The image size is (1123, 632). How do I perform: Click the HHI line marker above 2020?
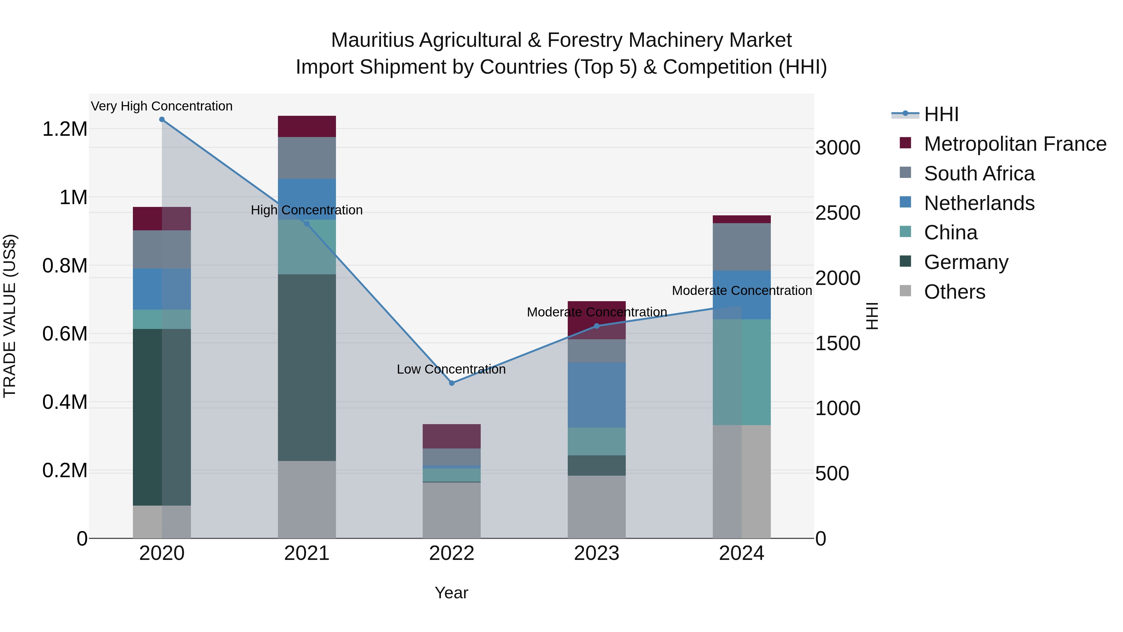click(x=162, y=120)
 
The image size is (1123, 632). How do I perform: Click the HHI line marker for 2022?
click(x=452, y=383)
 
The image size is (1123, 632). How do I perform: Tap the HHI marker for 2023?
click(x=597, y=326)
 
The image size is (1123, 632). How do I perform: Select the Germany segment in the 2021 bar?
click(x=307, y=367)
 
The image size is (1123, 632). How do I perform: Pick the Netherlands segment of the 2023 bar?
click(x=597, y=395)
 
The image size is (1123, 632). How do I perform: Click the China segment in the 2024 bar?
click(x=741, y=372)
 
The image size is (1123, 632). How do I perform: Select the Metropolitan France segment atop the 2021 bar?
click(x=307, y=126)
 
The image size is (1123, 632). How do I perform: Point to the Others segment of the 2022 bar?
click(x=452, y=510)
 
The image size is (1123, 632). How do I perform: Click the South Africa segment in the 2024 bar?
click(x=741, y=247)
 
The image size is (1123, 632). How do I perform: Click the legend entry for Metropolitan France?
click(x=1014, y=144)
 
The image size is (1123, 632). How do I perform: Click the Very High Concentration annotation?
click(x=162, y=106)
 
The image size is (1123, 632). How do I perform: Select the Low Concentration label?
click(x=451, y=370)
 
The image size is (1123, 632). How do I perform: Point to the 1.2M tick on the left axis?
click(x=65, y=129)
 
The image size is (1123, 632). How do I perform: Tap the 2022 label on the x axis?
click(x=452, y=553)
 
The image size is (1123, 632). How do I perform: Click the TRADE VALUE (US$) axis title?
click(x=10, y=316)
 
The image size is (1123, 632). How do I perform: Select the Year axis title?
click(x=451, y=593)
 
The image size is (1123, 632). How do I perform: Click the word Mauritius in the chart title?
click(x=372, y=40)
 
